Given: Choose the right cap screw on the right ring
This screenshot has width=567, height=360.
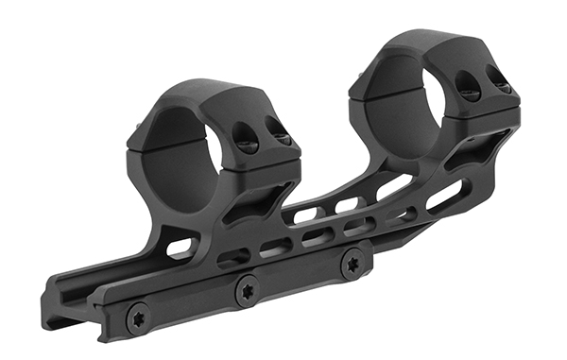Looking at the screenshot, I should (502, 83).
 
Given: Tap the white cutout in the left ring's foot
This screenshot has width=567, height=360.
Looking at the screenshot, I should (179, 249).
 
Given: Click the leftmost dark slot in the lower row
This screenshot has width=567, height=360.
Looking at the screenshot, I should (231, 256).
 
